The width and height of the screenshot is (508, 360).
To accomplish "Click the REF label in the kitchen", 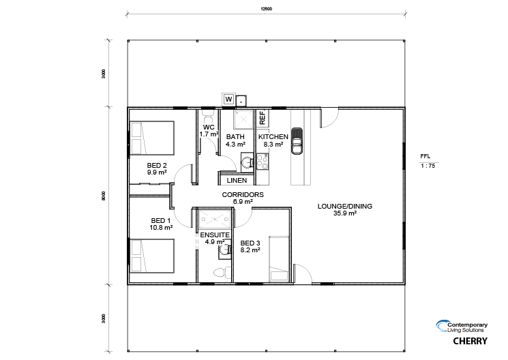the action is (263, 118).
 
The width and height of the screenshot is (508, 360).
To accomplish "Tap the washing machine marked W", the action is (228, 99).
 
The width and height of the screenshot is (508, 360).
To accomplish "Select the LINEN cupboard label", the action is (237, 181).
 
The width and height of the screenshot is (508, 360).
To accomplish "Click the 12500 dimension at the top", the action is (267, 9).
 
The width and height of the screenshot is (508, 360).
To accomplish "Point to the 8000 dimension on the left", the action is (104, 196).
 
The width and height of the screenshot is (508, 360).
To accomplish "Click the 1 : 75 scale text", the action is (428, 166).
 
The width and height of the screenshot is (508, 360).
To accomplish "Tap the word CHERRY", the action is (470, 341).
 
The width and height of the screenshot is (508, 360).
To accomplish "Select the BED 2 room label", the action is (157, 165).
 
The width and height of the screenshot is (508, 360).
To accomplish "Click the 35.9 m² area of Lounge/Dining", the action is (345, 213).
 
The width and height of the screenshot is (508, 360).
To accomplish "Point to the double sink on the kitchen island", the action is (297, 141).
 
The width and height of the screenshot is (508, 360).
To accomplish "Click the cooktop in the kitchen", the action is (263, 162).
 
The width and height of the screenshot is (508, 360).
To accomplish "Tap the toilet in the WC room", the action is (208, 114).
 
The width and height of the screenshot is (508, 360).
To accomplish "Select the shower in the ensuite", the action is (215, 220).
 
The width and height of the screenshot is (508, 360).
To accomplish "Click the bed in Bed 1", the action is (152, 256).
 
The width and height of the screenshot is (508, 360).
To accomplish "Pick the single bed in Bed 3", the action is (279, 258).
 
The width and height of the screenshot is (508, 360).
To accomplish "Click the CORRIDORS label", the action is (243, 195).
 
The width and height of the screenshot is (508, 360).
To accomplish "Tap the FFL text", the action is (425, 156).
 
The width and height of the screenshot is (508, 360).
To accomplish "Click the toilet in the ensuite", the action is (223, 272).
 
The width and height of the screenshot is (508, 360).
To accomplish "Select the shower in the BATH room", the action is (243, 119).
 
